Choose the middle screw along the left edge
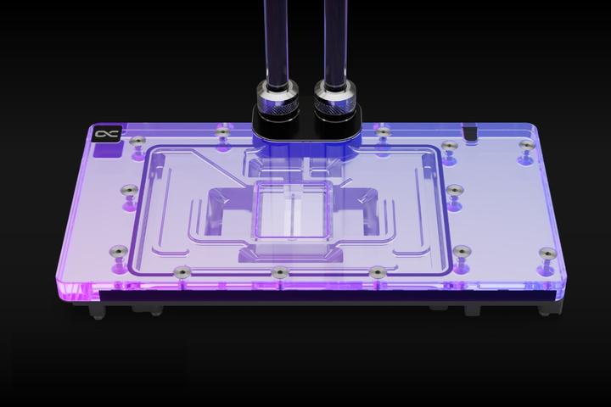click(x=130, y=191)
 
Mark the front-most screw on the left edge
click(x=119, y=252)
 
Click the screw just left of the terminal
click(x=224, y=132)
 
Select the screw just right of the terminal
click(x=384, y=133)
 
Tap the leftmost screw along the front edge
click(x=181, y=272)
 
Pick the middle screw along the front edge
click(x=279, y=272)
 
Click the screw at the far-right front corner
click(x=547, y=254)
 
